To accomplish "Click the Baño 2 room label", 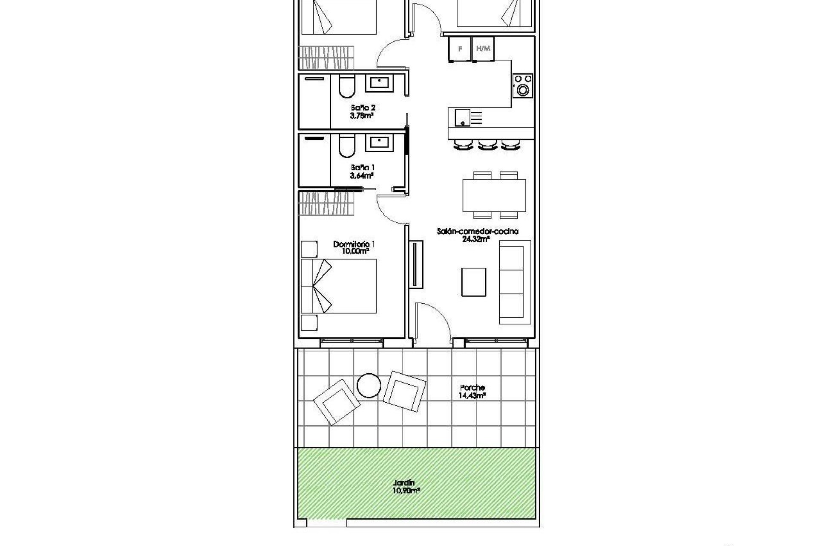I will pos(363,108).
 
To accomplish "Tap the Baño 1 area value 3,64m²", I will pos(362,175).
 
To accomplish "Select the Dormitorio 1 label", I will pos(354,244).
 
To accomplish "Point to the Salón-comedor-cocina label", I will pos(478,232).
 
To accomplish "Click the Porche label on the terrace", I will pos(472,388).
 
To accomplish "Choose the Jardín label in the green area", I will pos(404,483).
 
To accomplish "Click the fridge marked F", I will pos(460,49).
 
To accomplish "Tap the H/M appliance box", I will pos(483,49).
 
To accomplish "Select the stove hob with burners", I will pos(523,86).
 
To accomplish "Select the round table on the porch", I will pos(369,386).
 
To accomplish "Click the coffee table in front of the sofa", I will pos(474,282).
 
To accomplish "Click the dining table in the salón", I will pos(494,195).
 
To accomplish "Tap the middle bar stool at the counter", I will pos(488,145).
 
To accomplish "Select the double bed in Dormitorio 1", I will pos(339,286).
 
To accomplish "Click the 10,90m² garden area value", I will pos(406,491).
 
